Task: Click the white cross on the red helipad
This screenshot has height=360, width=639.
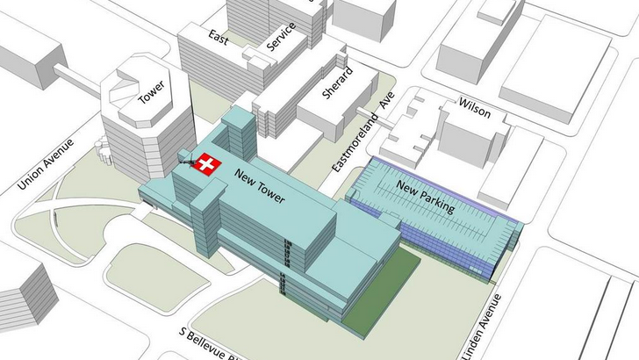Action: point(208,165)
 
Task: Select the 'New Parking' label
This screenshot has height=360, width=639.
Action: point(425,197)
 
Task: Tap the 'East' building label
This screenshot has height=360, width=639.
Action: point(218,36)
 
